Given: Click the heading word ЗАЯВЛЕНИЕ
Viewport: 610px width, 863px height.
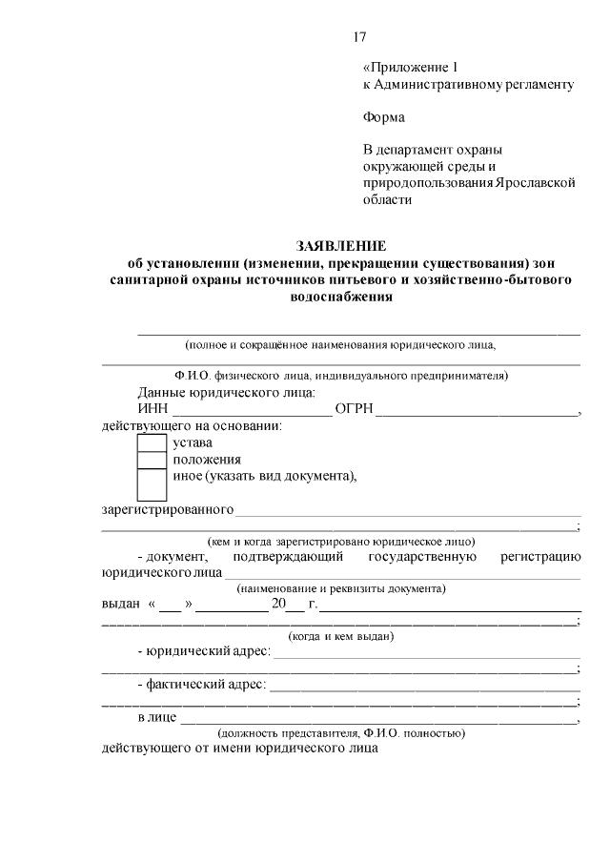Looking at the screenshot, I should point(340,245).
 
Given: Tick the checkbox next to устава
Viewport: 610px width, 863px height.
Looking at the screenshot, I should point(152,442).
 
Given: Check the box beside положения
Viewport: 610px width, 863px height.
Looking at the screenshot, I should point(152,460).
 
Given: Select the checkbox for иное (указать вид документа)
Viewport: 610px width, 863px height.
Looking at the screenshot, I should point(152,484).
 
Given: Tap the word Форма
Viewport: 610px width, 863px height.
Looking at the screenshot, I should point(383,118).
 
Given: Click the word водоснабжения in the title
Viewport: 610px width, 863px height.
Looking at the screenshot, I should point(340,297).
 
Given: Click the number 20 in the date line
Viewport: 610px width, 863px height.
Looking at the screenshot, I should point(278,605).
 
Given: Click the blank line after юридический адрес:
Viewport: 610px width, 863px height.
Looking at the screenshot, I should point(427,654).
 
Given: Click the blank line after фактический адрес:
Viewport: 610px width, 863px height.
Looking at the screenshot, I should point(425,686).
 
